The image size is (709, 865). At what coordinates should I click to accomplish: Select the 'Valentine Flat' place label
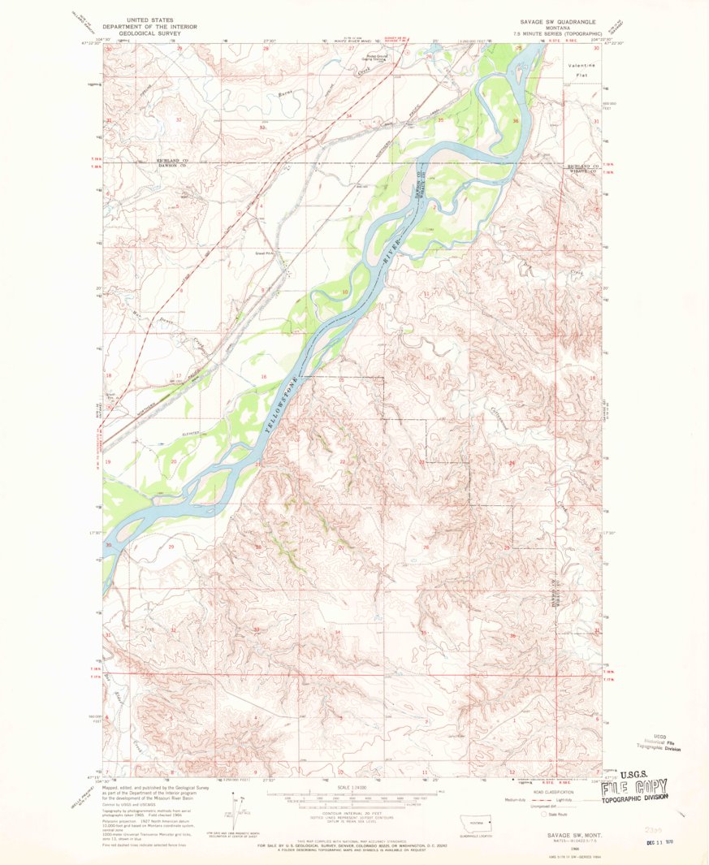click(581, 70)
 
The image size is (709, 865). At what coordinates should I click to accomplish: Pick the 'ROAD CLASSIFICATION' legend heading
click(551, 789)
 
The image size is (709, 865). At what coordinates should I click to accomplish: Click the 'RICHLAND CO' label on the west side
click(172, 161)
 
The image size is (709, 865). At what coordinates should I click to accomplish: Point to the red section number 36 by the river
click(516, 121)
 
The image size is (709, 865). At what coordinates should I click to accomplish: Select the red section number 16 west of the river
click(263, 378)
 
